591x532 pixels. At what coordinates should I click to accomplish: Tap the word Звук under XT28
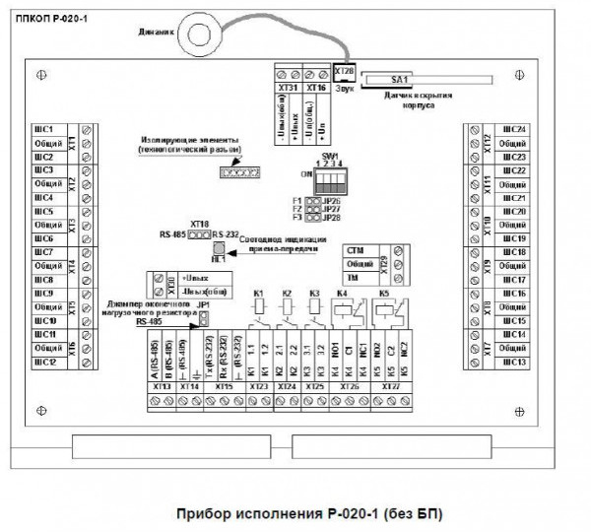(343, 87)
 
